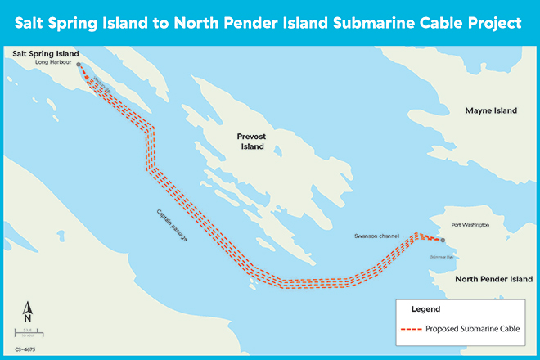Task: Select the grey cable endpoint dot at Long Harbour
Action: (79, 64)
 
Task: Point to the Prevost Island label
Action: (252, 141)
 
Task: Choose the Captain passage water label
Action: (170, 224)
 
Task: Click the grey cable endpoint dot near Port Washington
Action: (442, 241)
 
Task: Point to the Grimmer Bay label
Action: (441, 254)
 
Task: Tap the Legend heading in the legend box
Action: (428, 309)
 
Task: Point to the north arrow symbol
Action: (27, 311)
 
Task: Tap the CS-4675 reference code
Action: (25, 349)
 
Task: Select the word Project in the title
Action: (491, 24)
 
